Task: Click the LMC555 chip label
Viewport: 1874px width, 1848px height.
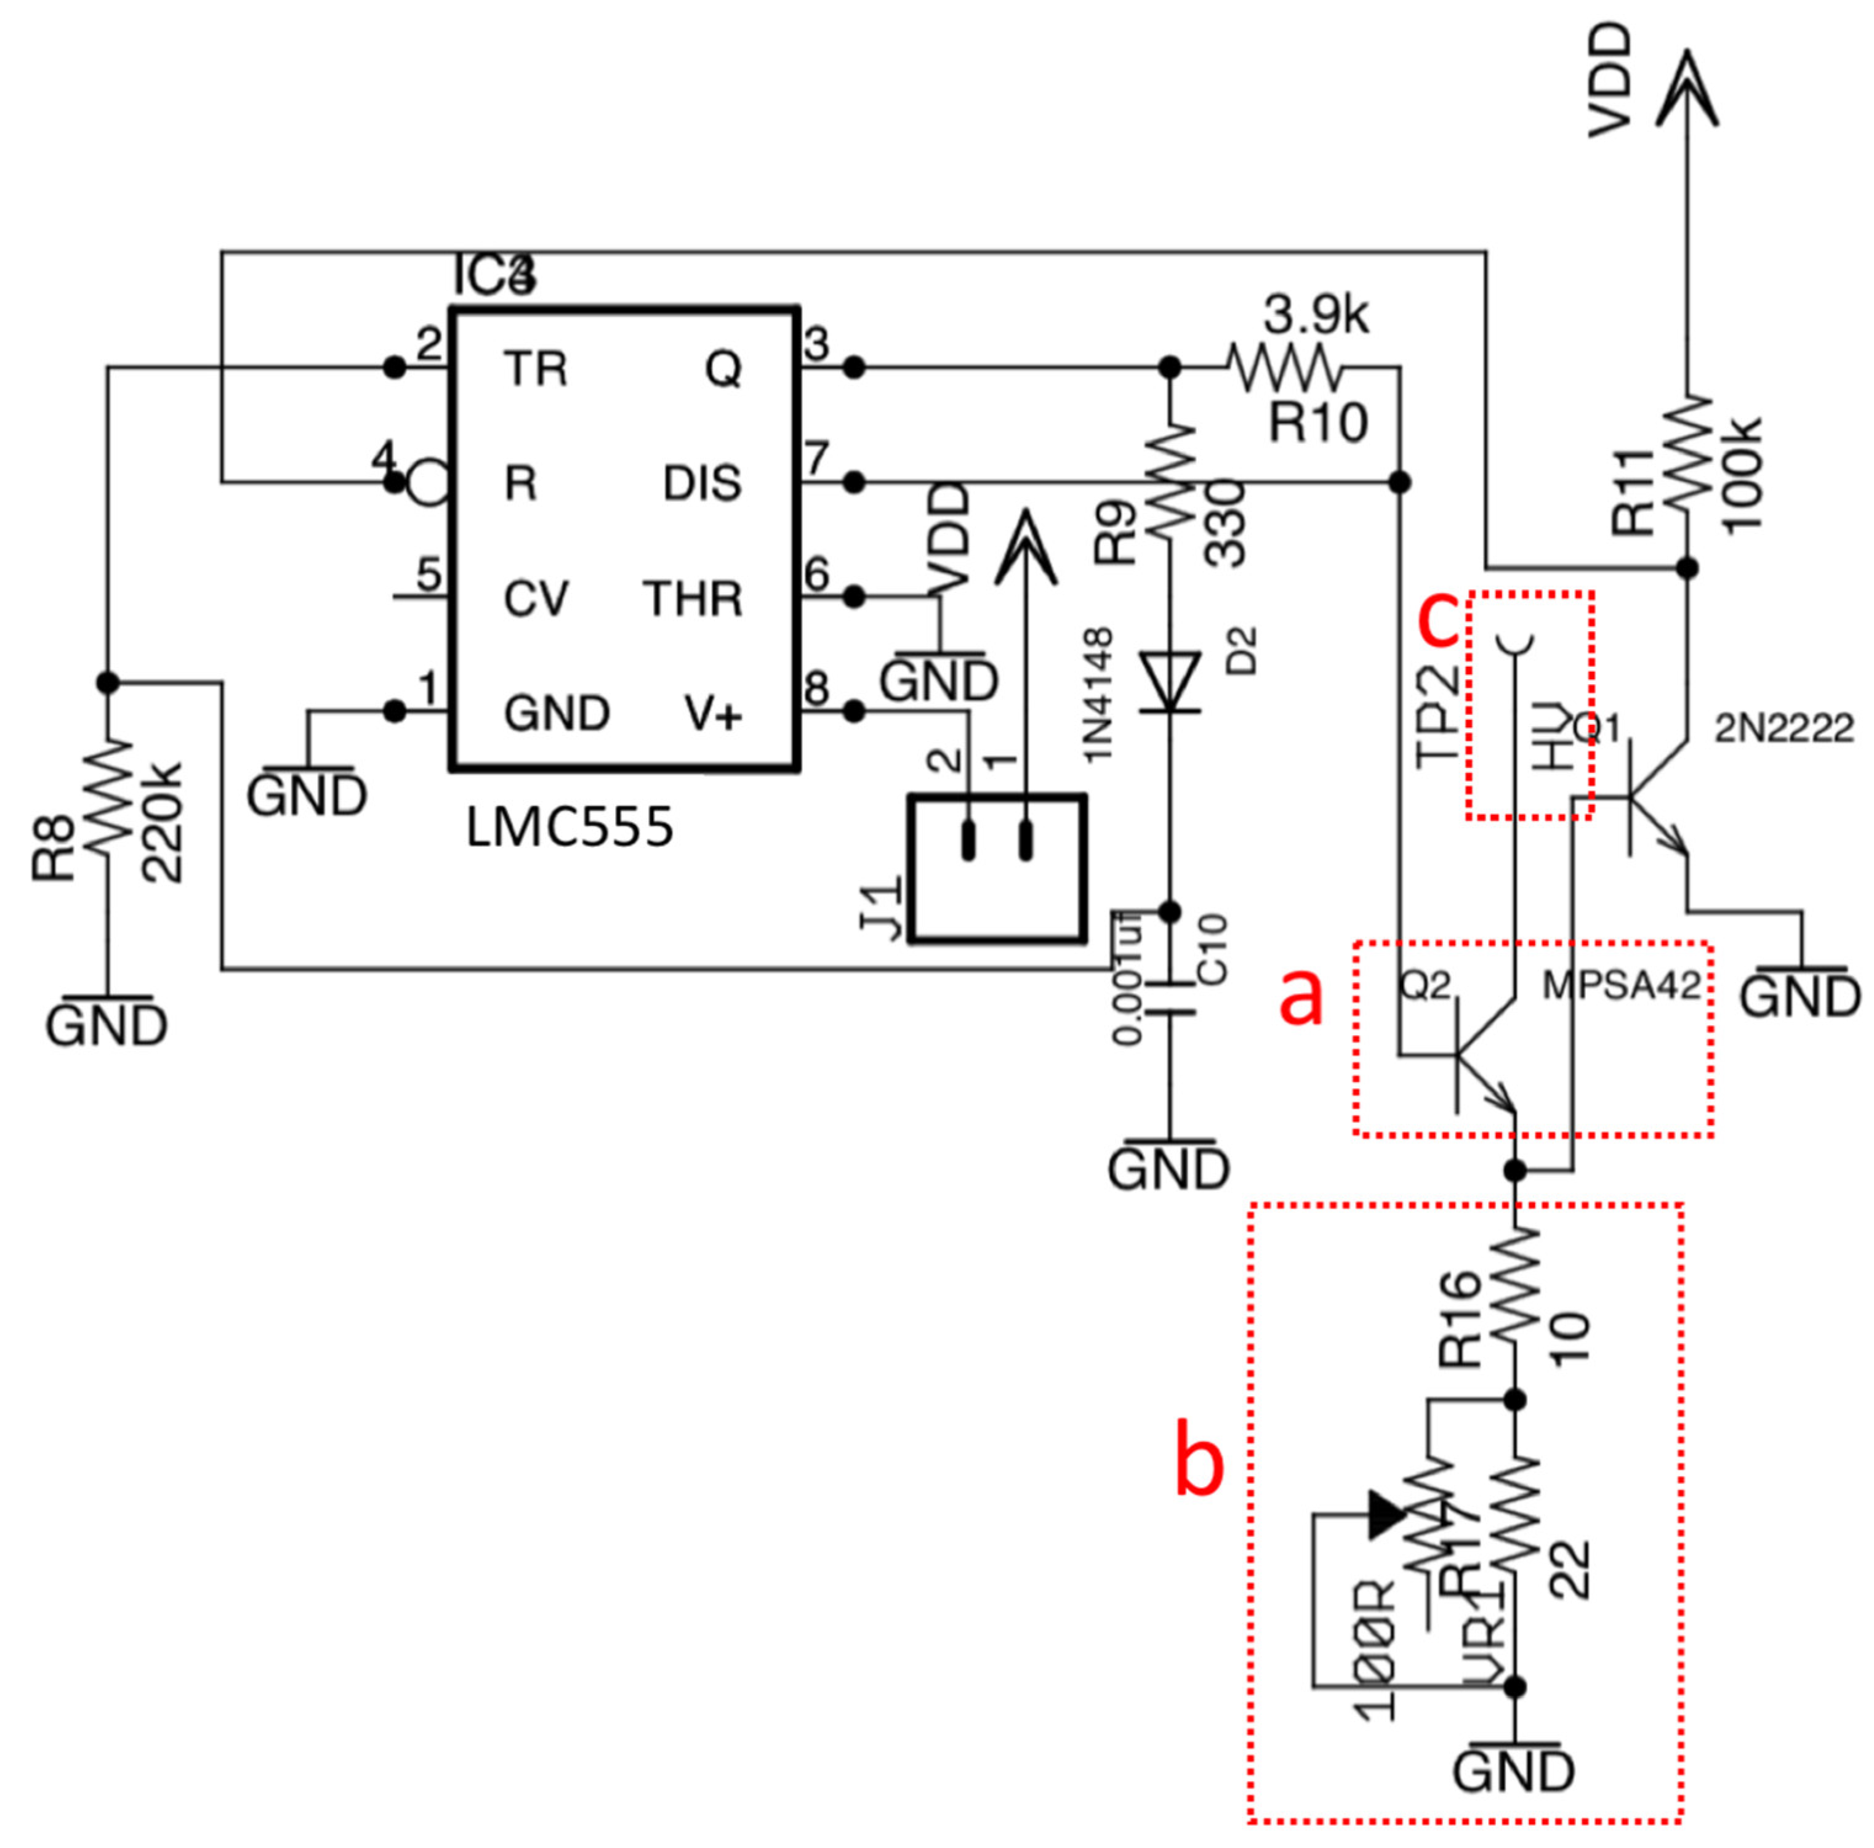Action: tap(569, 828)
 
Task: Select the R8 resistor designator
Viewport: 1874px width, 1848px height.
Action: tap(54, 847)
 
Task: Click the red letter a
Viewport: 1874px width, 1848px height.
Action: tap(1301, 997)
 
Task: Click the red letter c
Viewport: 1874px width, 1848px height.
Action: tap(1439, 621)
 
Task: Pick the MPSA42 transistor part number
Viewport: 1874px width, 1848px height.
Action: tap(1622, 986)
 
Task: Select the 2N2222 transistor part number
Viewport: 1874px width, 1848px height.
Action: tap(1784, 727)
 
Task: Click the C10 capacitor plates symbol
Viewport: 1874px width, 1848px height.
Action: tap(1170, 999)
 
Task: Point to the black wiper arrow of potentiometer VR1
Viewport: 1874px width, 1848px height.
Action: tap(1386, 1514)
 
